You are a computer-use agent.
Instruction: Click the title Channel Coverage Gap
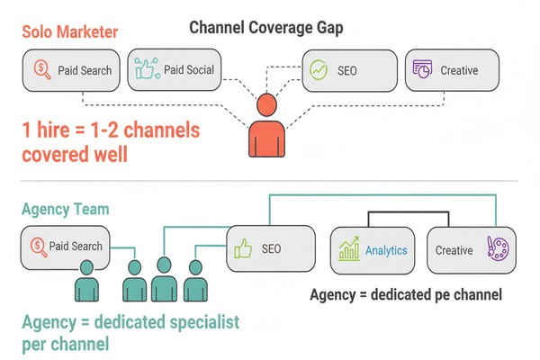(266, 27)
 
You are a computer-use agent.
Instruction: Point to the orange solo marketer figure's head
(268, 106)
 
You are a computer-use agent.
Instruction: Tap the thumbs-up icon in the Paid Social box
(146, 70)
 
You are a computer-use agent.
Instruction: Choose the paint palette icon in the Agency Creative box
(495, 248)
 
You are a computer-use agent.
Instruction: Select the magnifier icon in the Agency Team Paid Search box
(39, 245)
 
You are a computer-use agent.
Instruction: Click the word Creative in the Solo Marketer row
(459, 70)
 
